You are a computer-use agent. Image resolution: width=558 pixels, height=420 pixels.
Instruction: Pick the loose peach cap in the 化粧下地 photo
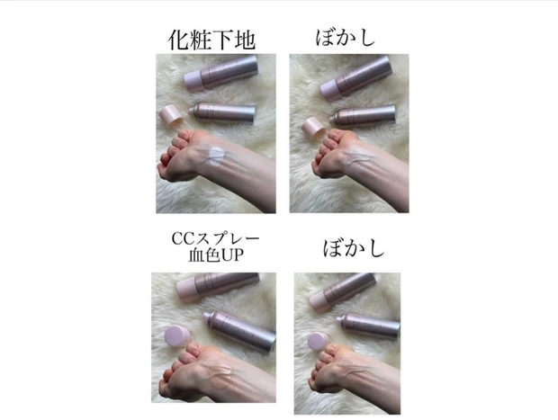[169, 114]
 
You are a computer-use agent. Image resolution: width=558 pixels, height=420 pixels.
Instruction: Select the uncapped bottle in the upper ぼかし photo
[364, 116]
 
